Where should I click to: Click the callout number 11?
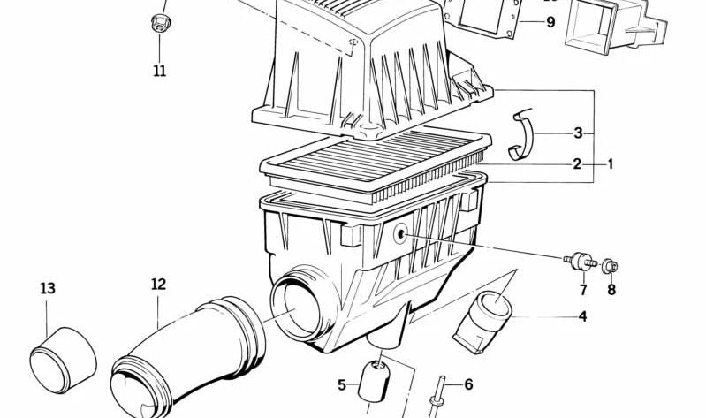(159, 71)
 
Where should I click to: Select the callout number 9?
(550, 22)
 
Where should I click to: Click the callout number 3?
(578, 133)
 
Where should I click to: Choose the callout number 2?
(576, 163)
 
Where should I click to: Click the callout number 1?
(609, 163)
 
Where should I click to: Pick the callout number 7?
(583, 289)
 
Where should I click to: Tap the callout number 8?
(611, 289)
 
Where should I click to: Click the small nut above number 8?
(611, 264)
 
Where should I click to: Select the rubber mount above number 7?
(580, 262)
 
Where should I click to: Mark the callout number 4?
(582, 316)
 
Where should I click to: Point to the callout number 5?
(342, 384)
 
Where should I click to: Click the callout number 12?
(158, 284)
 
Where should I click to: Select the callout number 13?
(48, 288)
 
